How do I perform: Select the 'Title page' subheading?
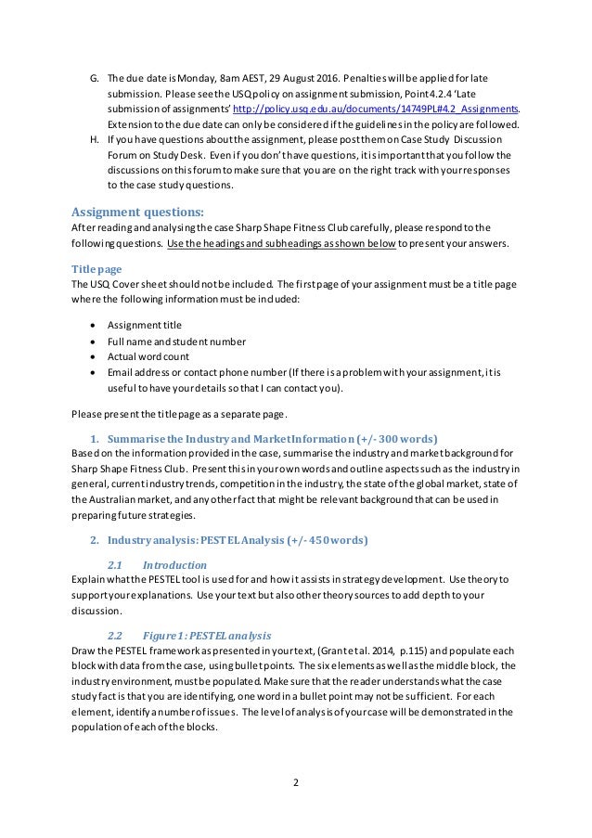(97, 268)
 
